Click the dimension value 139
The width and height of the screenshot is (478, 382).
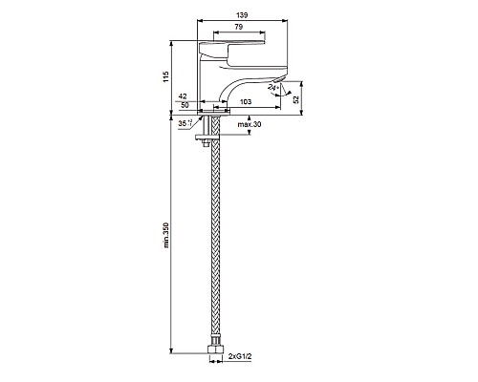coord(242,15)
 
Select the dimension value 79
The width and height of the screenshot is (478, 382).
coord(239,27)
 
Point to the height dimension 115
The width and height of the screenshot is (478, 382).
coord(166,76)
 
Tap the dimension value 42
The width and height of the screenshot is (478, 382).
coord(183,96)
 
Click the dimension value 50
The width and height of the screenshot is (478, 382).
coord(185,105)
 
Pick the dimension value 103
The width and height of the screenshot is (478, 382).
coord(246,101)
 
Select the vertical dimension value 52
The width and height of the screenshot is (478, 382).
coord(296,99)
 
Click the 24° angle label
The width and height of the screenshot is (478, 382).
coord(273,87)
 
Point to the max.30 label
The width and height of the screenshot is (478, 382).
coord(250,124)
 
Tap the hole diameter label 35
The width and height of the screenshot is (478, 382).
coord(185,123)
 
